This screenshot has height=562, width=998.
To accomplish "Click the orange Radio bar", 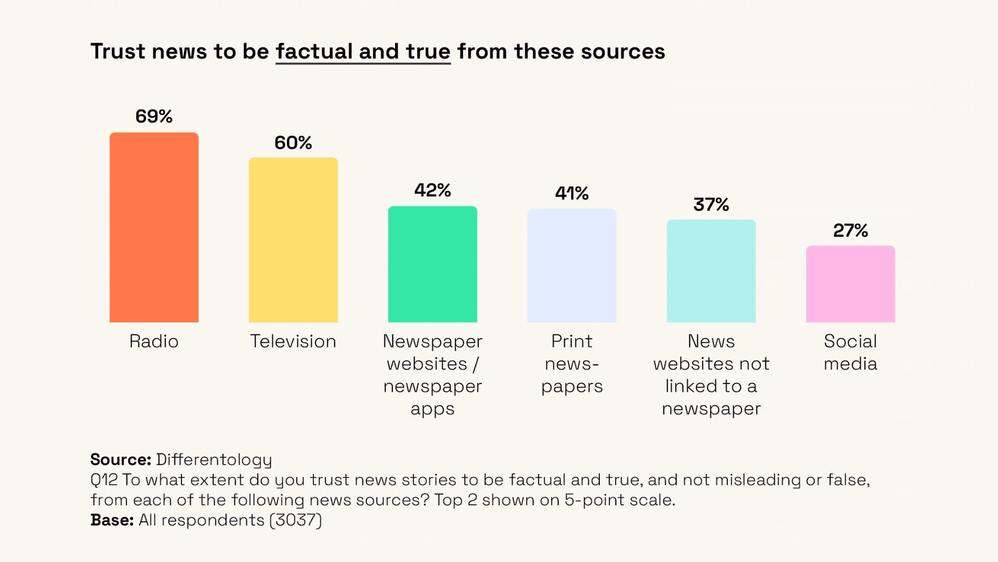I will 154,227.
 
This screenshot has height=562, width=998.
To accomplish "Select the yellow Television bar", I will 293,240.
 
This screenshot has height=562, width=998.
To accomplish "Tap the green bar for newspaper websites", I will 432,264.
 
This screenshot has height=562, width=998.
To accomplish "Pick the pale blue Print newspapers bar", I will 572,265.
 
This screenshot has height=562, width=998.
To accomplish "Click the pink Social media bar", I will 850,284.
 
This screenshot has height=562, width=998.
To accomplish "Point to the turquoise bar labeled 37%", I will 711,271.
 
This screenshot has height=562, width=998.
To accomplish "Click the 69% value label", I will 154,116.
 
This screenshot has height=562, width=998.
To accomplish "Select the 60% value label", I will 293,143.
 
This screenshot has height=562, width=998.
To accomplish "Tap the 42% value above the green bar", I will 432,190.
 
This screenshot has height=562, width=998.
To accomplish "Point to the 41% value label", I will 572,194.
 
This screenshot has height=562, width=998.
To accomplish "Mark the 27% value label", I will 850,230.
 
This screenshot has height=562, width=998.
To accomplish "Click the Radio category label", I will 154,341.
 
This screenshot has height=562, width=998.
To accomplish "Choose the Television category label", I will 293,341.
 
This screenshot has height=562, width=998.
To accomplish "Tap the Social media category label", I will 850,352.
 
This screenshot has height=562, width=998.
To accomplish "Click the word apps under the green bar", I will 432,409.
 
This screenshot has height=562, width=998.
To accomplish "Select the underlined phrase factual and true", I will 363,52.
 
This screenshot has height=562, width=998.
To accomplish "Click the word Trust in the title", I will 118,52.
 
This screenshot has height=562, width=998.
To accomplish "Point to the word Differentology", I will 214,459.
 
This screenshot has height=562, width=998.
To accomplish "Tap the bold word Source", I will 120,459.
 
